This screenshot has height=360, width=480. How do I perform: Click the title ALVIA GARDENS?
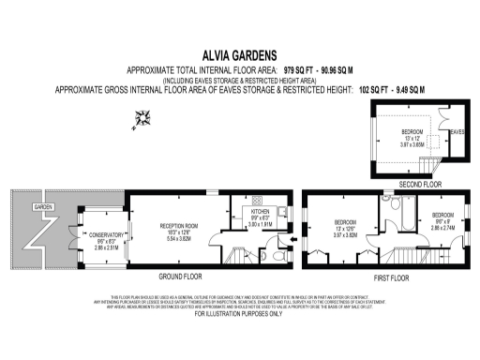tap(239, 55)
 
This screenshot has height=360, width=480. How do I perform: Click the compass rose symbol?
tap(142, 117)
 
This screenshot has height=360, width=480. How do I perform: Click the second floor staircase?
tap(428, 168)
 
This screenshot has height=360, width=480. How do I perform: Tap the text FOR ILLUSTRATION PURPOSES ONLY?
tap(239, 312)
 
